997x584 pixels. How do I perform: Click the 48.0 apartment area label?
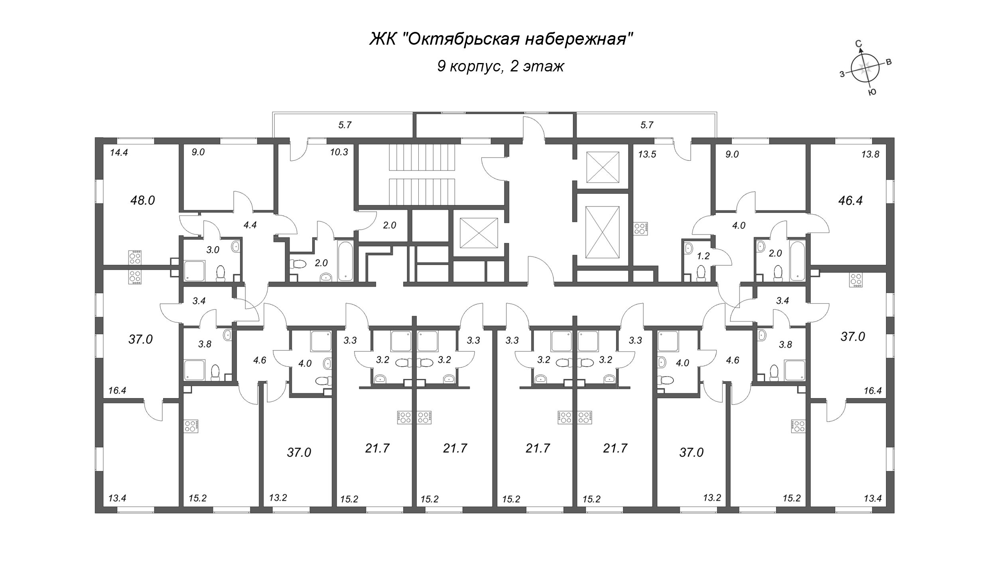[x=142, y=200]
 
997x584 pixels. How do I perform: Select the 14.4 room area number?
[x=118, y=152]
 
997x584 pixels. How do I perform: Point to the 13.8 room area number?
[x=870, y=154]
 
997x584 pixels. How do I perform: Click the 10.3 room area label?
[x=339, y=152]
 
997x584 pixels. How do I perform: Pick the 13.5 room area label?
[x=646, y=154]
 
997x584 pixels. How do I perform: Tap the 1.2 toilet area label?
[x=703, y=256]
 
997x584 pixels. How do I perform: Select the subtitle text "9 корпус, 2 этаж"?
[x=500, y=66]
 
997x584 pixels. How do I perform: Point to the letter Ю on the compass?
[x=872, y=92]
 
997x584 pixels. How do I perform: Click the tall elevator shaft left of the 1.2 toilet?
[x=602, y=232]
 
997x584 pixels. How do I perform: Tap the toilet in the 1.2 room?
[x=701, y=274]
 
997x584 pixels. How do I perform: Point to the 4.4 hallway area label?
[x=250, y=225]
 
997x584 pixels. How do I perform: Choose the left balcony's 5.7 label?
[x=345, y=125]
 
